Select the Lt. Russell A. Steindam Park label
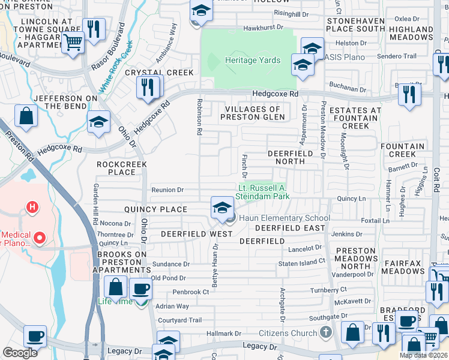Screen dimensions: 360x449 click(265, 192)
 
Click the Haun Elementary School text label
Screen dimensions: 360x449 click(285, 218)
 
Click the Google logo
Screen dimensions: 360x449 click(20, 353)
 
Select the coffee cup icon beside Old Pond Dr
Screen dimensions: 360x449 click(140, 289)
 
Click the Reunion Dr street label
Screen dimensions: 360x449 click(167, 190)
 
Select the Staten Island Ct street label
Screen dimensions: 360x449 click(302, 262)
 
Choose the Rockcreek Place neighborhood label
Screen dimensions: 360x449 click(118, 168)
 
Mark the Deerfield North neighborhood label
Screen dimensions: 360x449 click(291, 158)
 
